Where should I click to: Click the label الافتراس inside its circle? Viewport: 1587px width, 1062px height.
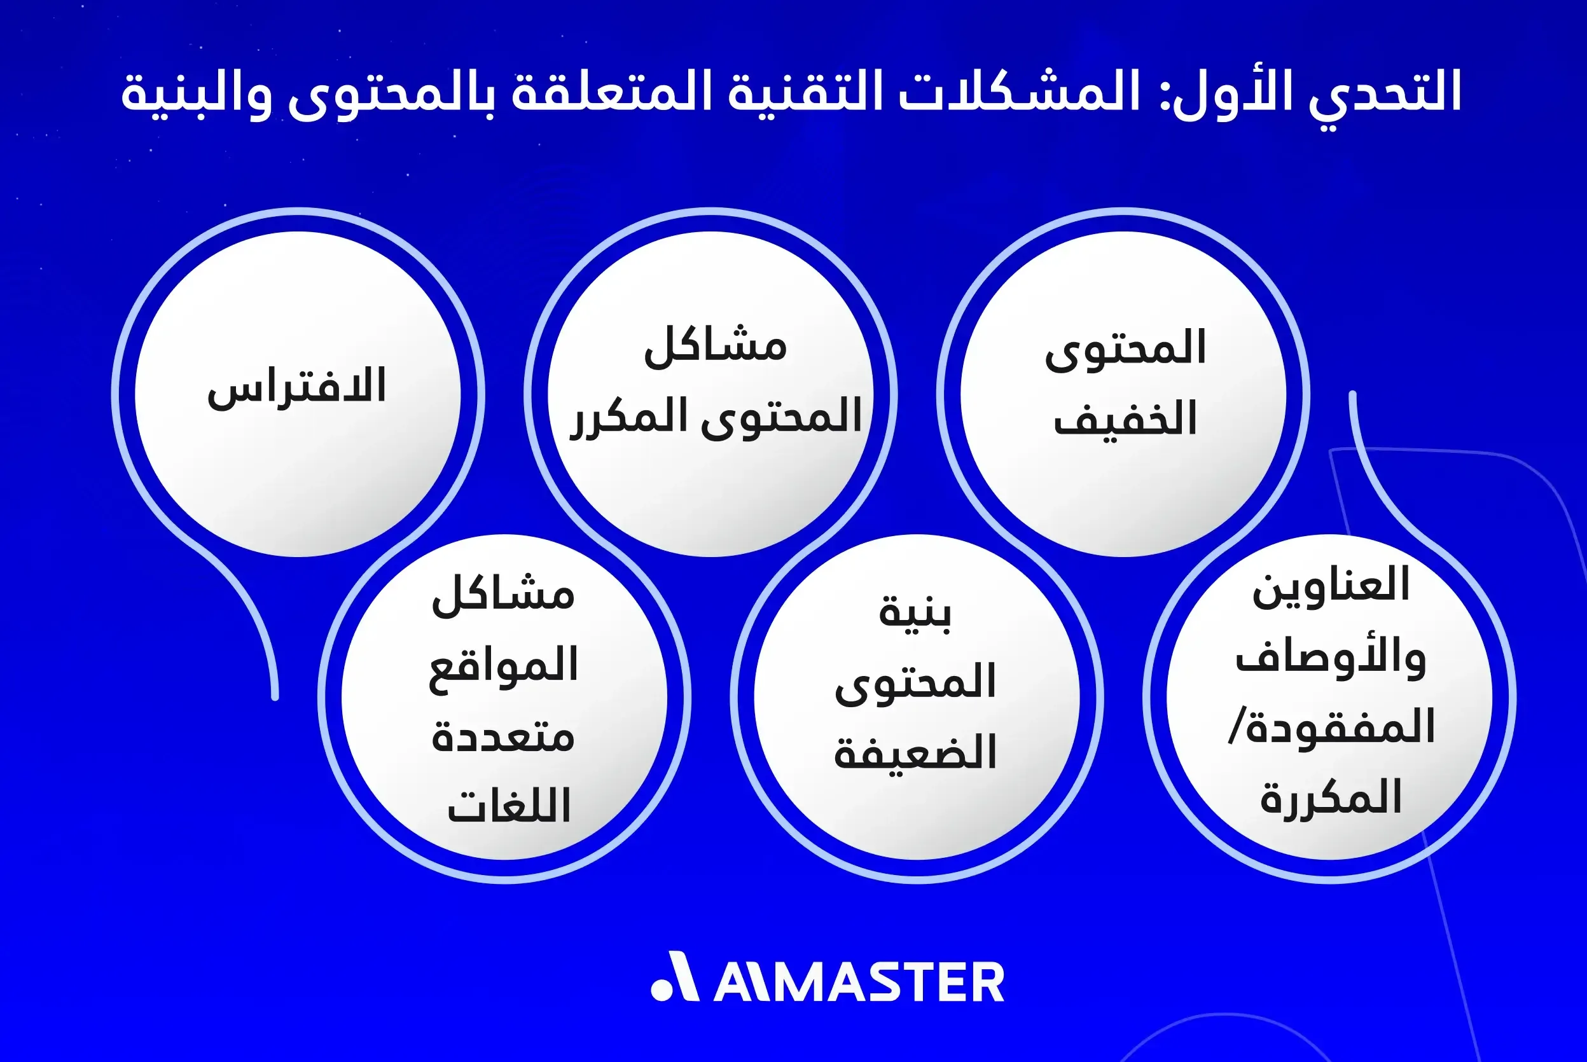pos(296,387)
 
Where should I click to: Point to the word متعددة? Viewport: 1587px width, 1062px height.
pos(503,737)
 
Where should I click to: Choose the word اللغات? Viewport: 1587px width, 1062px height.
pos(509,806)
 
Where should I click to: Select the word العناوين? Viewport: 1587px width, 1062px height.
pos(1330,586)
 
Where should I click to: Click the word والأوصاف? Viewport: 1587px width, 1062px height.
pos(1330,657)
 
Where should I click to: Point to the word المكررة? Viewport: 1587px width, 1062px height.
pos(1330,798)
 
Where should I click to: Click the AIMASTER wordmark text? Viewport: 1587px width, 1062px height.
pos(859,982)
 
